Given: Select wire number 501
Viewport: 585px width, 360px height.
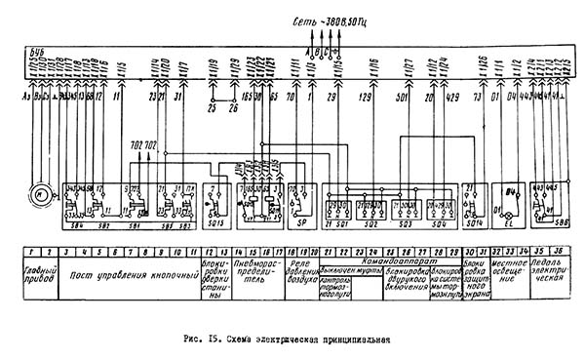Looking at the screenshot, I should pyautogui.click(x=401, y=99).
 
